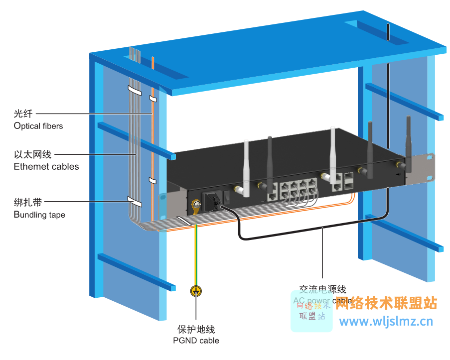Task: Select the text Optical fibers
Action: (x=38, y=126)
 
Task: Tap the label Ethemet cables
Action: (x=46, y=166)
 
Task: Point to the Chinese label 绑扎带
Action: (x=28, y=203)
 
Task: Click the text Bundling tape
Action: (x=39, y=215)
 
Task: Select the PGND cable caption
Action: (x=196, y=341)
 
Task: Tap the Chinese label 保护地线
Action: (x=196, y=329)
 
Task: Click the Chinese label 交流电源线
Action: (x=322, y=290)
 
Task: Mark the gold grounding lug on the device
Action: (x=195, y=206)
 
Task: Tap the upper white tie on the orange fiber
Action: (x=152, y=98)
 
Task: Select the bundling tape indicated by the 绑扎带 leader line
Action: (x=134, y=202)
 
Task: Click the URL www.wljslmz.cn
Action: (x=386, y=321)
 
